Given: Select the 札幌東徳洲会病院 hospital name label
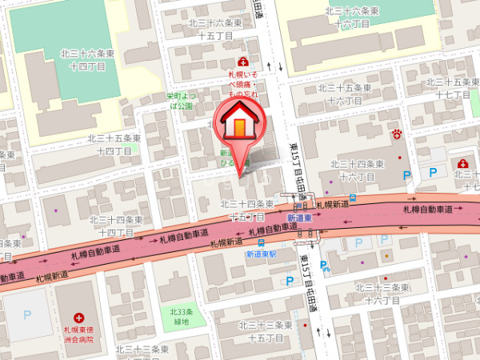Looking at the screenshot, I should (x=79, y=334).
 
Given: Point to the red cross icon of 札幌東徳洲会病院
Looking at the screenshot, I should (x=78, y=318).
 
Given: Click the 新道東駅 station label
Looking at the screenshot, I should (x=261, y=254).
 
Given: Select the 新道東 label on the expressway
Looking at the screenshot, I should (x=299, y=218).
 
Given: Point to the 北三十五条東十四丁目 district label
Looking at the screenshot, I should (x=114, y=144).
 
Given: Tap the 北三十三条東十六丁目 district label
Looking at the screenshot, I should (x=382, y=293).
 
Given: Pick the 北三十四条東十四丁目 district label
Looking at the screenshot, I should (x=119, y=225).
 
